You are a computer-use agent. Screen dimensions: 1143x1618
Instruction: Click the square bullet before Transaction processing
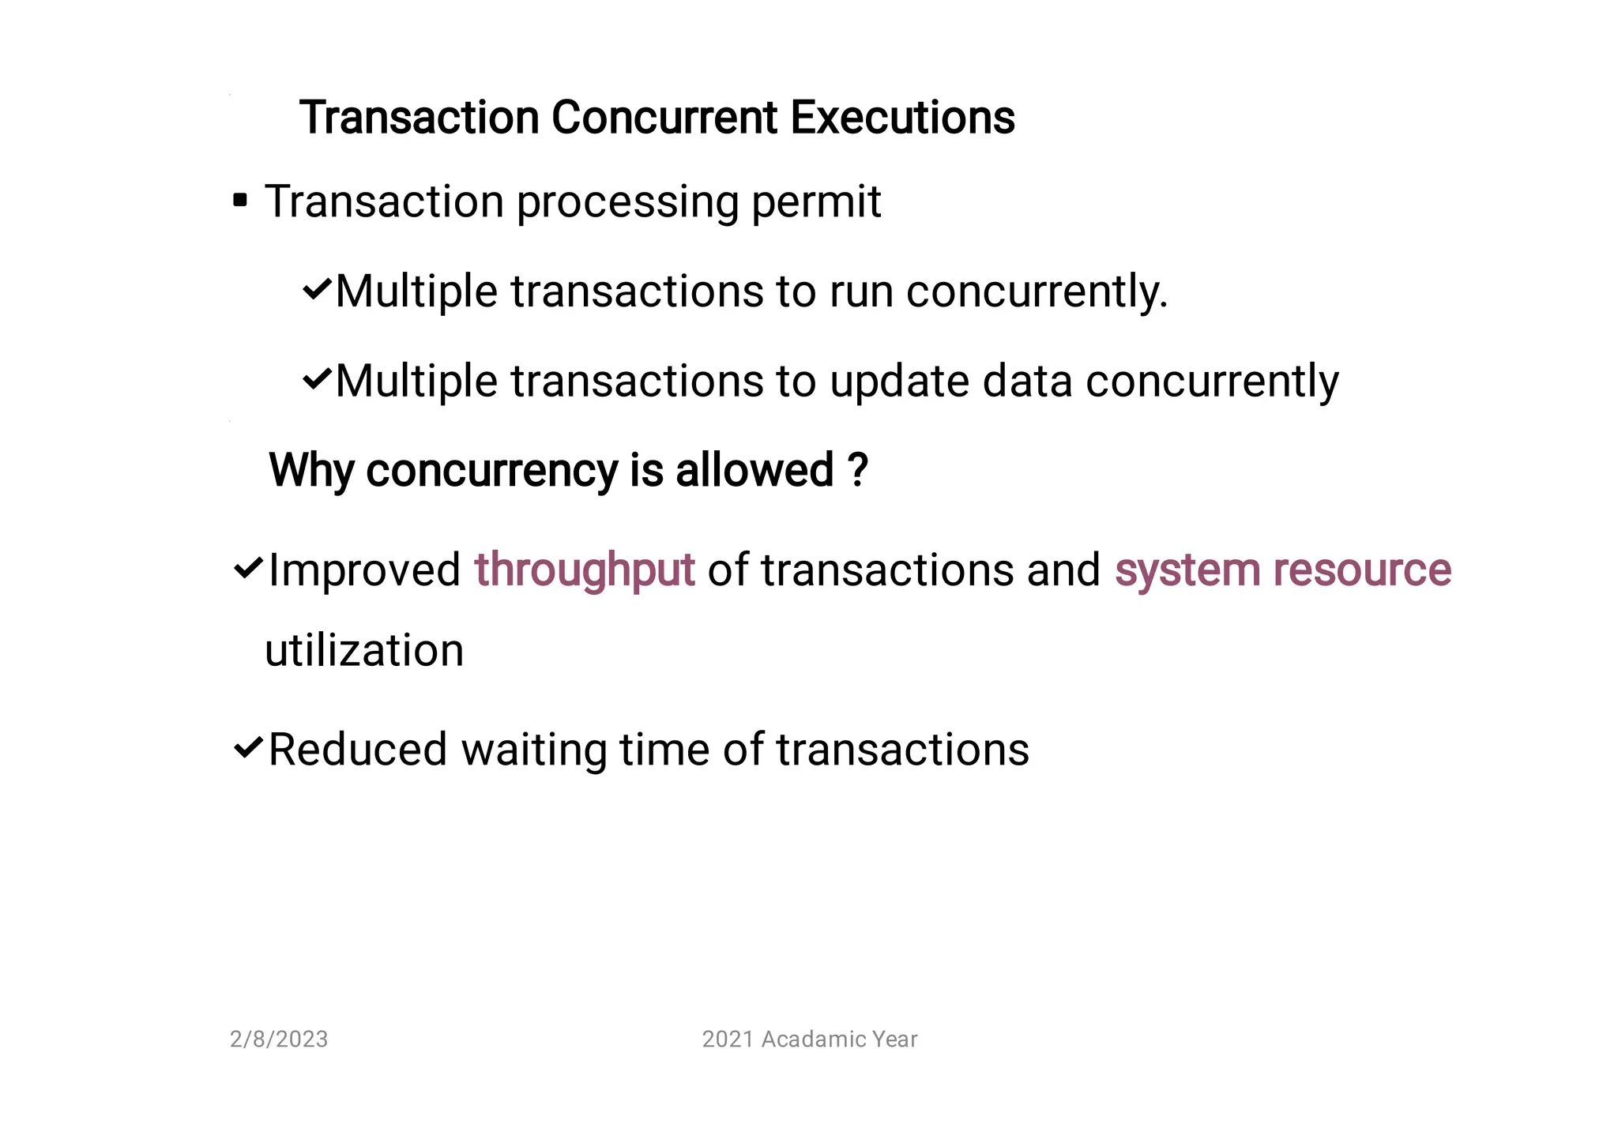[240, 201]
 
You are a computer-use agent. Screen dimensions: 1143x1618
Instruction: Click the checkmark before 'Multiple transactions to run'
[317, 289]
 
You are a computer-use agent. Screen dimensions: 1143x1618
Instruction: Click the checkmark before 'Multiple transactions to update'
[317, 379]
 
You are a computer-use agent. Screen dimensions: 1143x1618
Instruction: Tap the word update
[898, 382]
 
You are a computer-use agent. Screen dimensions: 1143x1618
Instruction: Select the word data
[1027, 382]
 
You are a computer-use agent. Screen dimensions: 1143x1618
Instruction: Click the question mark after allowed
[857, 470]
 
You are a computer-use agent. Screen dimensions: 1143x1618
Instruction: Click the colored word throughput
[584, 570]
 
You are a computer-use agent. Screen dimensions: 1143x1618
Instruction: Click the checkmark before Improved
[248, 568]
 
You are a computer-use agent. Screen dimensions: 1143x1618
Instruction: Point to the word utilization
[364, 651]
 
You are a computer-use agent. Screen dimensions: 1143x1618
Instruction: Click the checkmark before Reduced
[248, 746]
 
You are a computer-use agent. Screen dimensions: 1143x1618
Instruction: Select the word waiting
[533, 750]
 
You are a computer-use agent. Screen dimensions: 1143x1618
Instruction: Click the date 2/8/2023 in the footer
[279, 1039]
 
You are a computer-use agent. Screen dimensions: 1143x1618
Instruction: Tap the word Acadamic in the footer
[812, 1039]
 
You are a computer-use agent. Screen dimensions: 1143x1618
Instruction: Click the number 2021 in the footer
[728, 1039]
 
